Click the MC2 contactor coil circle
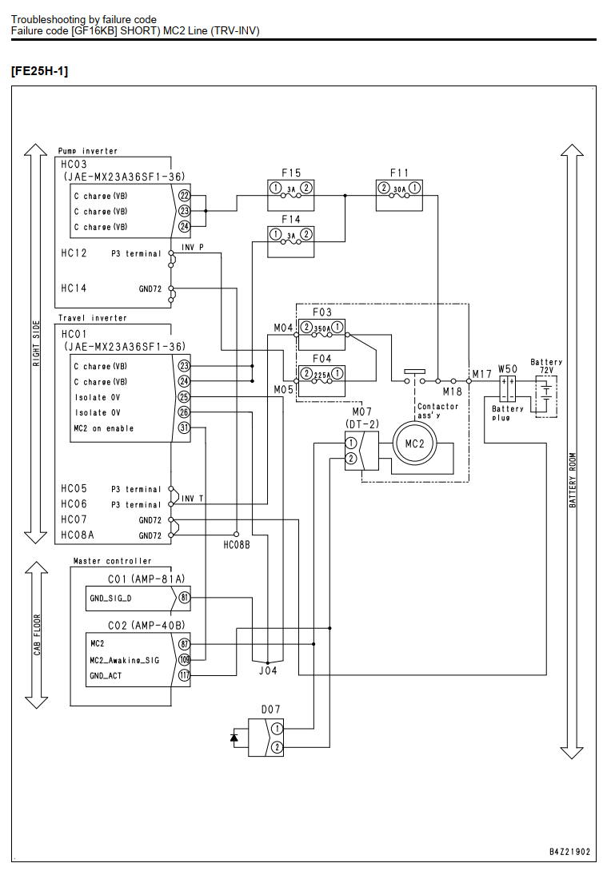tap(414, 443)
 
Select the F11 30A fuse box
tap(399, 196)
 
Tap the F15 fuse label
tap(290, 173)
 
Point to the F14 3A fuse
tap(290, 241)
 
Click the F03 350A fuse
tap(321, 334)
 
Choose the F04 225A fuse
tap(321, 381)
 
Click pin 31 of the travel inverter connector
tap(184, 428)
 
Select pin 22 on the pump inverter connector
tap(184, 196)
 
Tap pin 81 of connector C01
tap(184, 599)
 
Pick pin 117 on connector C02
tap(184, 675)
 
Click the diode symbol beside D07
tap(234, 738)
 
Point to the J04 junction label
tap(268, 670)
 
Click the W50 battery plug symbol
tap(507, 388)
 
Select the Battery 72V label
tap(546, 366)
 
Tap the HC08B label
tap(237, 545)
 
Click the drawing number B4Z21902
tap(569, 852)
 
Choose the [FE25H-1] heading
tap(39, 71)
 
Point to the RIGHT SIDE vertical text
tap(37, 344)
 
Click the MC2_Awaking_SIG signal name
tap(125, 661)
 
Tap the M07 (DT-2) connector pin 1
tap(351, 443)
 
